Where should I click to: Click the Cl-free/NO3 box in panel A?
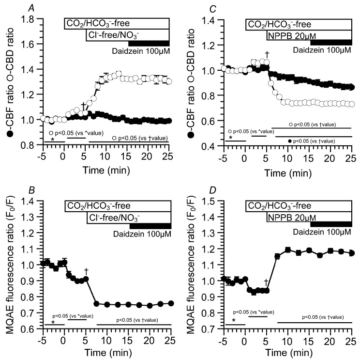point(128,35)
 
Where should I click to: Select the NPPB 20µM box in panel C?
point(309,35)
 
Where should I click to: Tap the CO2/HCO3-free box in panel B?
point(117,205)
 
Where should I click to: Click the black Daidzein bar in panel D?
point(331,223)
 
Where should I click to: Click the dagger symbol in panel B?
point(86,271)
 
